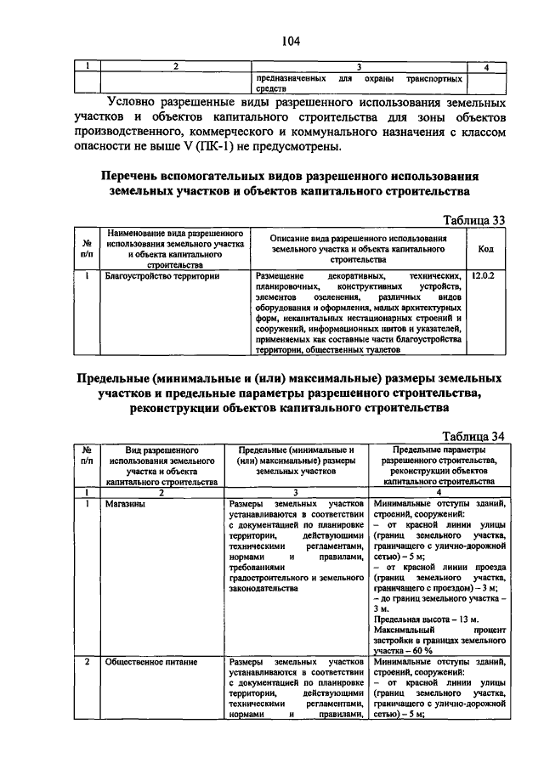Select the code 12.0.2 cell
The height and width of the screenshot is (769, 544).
(x=482, y=276)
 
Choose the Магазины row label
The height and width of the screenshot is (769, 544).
(x=125, y=504)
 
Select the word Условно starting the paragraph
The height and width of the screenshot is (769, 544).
(x=135, y=101)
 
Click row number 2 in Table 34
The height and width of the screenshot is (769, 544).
(x=87, y=661)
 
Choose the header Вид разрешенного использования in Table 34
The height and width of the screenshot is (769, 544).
(x=162, y=463)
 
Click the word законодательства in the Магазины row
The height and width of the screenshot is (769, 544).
(x=263, y=587)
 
